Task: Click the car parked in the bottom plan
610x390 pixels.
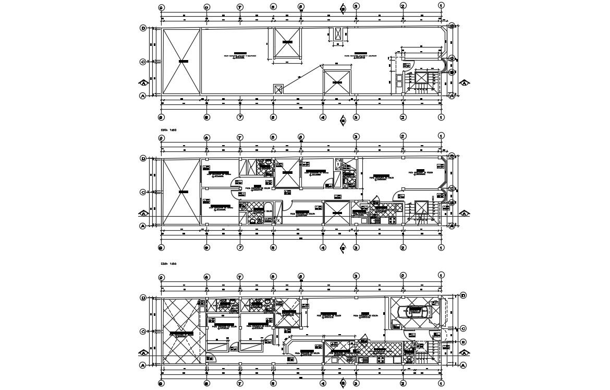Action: coord(415,312)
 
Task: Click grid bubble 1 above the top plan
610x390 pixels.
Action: coord(441,6)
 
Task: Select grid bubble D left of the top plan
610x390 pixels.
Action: coord(143,28)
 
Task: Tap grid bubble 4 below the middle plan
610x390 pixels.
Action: coord(323,248)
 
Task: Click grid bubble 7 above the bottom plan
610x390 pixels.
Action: coord(240,277)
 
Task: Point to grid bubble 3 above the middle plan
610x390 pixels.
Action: coord(356,137)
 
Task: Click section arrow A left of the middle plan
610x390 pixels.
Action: coord(142,213)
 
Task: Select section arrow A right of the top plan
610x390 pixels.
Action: coord(463,82)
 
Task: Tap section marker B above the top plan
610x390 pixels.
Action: coord(343,7)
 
